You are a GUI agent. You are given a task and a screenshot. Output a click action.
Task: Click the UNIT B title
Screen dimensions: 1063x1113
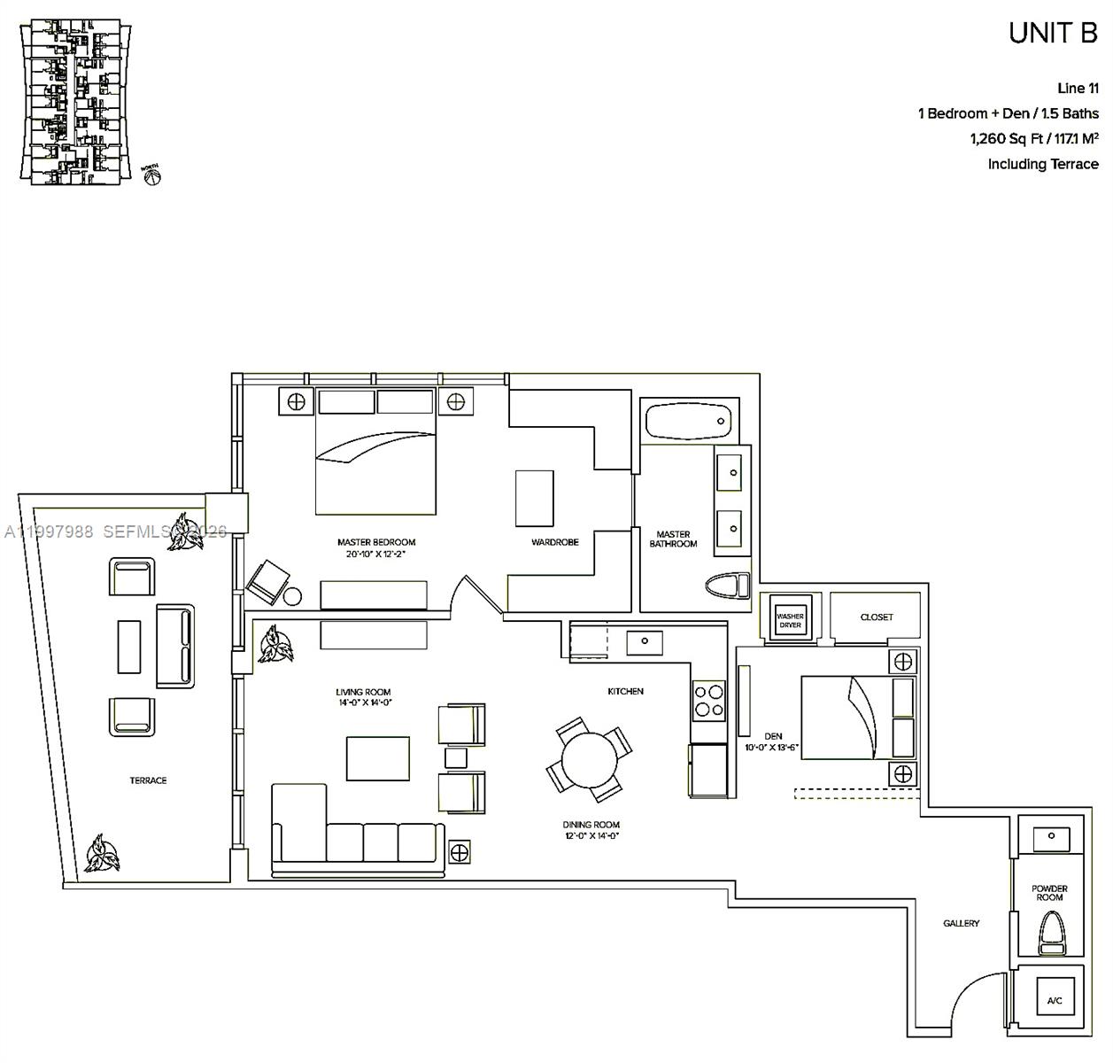tap(1053, 33)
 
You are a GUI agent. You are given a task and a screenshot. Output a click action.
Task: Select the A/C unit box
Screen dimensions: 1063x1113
tap(1054, 1000)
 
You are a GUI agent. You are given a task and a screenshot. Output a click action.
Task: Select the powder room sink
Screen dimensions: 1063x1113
tap(1050, 836)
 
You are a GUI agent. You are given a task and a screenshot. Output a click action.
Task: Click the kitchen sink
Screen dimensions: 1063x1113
tap(644, 640)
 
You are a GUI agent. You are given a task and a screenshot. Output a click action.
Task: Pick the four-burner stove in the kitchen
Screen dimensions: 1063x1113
tap(707, 700)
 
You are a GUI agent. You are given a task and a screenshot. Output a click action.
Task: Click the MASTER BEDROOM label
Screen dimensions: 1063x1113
tap(375, 542)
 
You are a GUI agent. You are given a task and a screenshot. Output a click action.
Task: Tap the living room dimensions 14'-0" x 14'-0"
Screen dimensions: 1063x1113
tap(363, 702)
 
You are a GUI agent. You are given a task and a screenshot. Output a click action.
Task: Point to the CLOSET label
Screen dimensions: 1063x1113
tap(877, 617)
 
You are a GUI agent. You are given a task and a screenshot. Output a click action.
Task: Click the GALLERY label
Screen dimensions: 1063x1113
tap(961, 923)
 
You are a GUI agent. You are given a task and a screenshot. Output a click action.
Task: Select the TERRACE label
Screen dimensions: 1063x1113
tap(148, 780)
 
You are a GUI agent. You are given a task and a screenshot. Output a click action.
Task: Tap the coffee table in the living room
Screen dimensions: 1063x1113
tap(378, 757)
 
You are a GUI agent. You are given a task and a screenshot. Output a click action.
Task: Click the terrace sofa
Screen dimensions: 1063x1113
tap(175, 646)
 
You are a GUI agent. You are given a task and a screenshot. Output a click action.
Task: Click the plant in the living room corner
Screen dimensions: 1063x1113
tap(274, 644)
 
